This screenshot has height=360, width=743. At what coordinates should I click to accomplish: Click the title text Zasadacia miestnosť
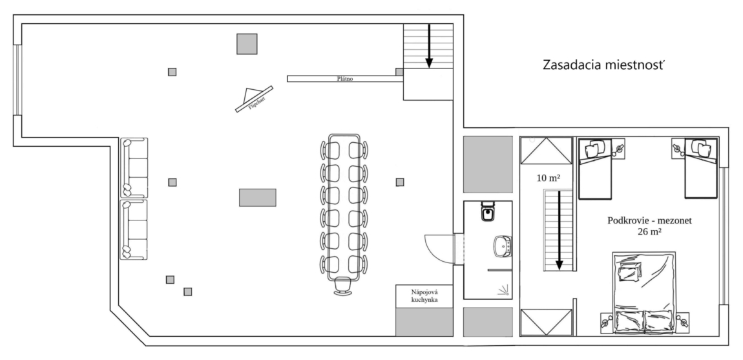(x=603, y=65)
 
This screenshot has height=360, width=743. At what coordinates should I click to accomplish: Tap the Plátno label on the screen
(x=345, y=79)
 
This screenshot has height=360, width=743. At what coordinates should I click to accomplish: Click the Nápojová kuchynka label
(x=424, y=296)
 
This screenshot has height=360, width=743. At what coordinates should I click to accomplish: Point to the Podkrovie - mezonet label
(x=649, y=220)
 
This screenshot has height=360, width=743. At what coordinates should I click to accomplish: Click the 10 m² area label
(x=549, y=178)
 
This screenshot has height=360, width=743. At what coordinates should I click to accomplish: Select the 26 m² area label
(x=650, y=232)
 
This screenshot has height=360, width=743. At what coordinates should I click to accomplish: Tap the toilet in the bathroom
(x=488, y=211)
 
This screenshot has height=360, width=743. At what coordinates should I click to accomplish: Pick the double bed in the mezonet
(x=644, y=293)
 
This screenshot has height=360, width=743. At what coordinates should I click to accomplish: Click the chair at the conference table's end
(x=343, y=287)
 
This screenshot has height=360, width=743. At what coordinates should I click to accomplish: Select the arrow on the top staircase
(x=429, y=45)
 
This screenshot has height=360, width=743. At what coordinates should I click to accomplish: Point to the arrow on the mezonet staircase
(x=559, y=230)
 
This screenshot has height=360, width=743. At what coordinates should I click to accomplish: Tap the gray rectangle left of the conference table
(x=257, y=197)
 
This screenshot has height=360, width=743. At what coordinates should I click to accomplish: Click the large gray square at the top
(x=247, y=44)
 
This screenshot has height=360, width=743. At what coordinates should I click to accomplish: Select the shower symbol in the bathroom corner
(x=503, y=290)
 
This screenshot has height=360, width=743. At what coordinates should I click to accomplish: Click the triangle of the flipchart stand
(x=250, y=95)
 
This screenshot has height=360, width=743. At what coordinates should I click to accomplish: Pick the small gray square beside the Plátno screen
(x=399, y=72)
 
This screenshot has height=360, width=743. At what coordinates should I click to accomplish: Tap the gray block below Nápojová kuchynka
(x=424, y=322)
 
